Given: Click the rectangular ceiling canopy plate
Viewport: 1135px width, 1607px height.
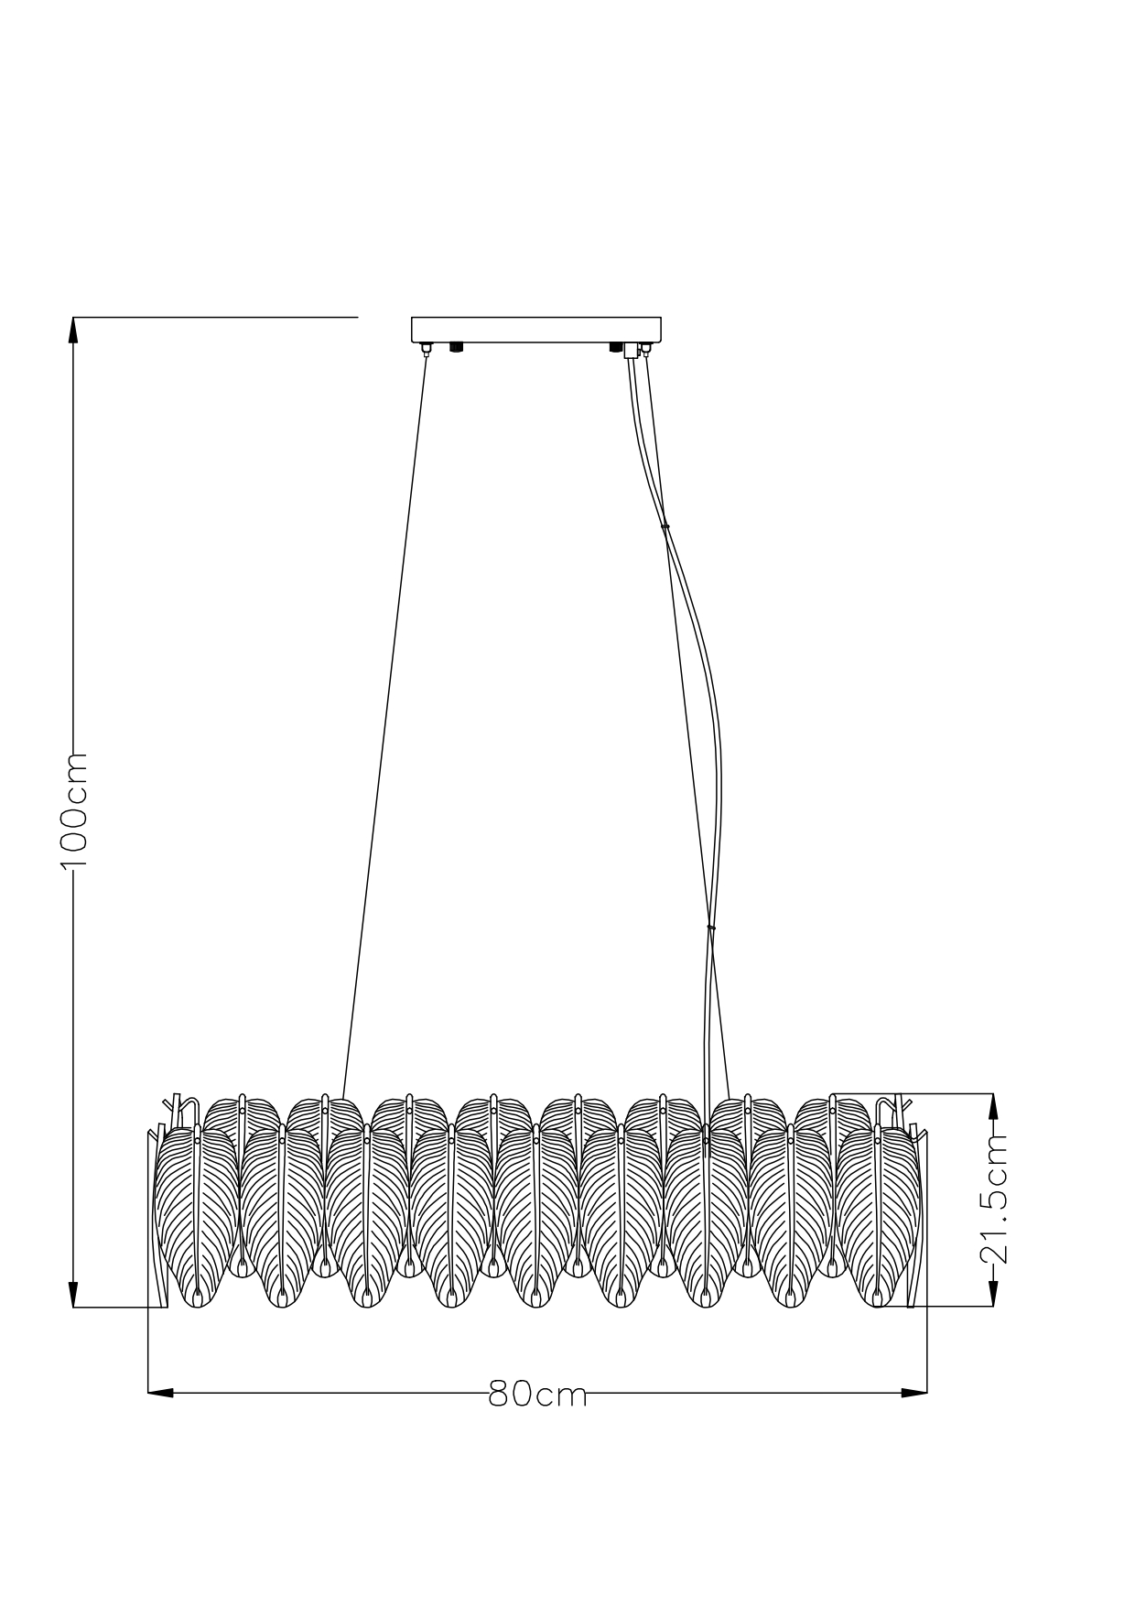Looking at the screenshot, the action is pos(536,330).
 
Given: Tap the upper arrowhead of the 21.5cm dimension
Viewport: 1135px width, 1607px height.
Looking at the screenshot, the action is pos(993,1106).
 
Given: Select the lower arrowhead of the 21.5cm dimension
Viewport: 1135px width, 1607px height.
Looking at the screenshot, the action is pos(993,1294).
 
